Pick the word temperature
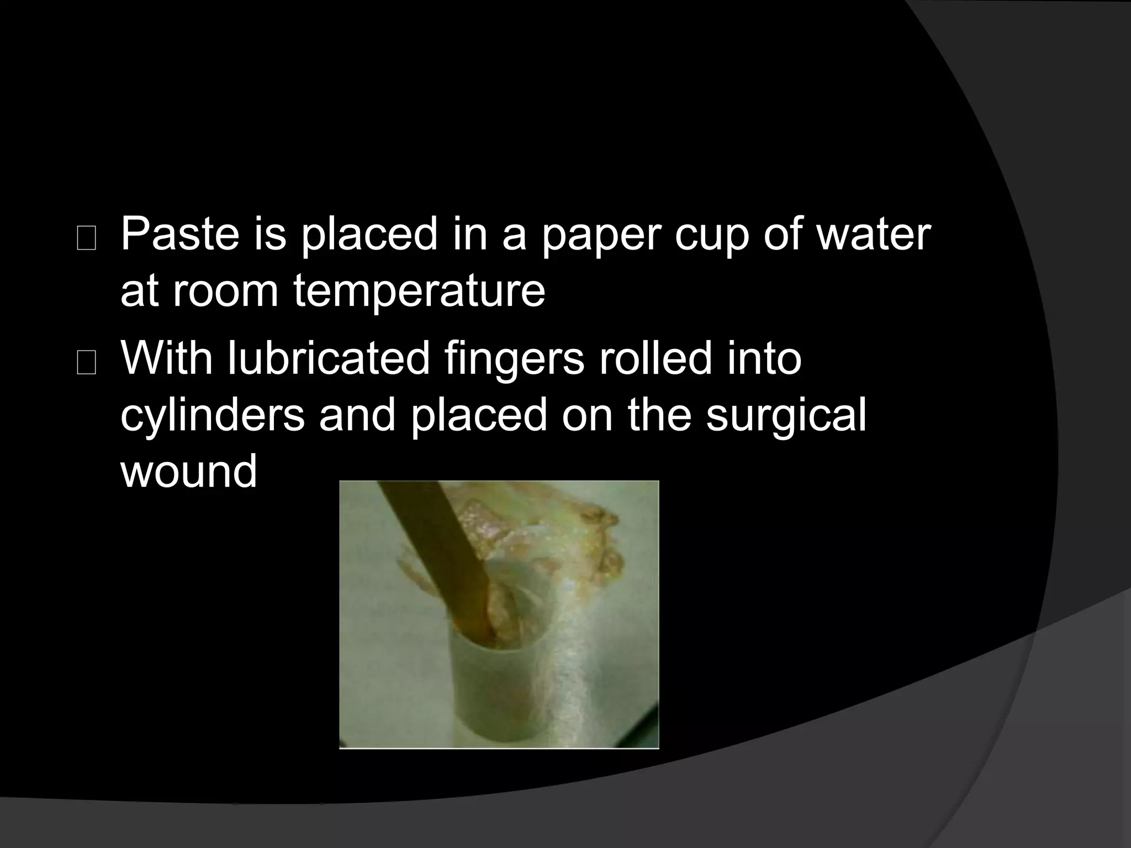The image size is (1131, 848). point(419,293)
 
